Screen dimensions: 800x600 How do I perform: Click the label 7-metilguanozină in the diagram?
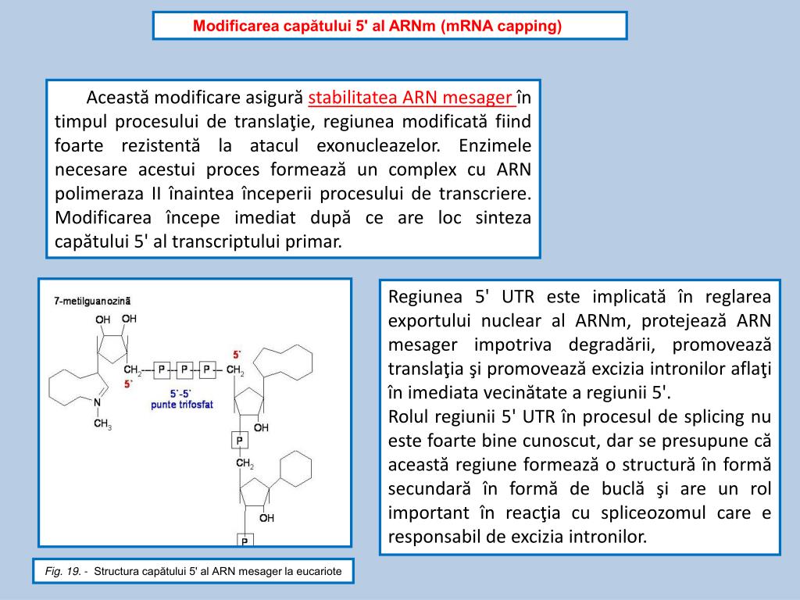click(x=93, y=300)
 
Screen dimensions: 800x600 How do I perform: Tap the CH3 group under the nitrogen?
click(x=102, y=424)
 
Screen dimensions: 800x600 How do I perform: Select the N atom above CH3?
click(x=97, y=402)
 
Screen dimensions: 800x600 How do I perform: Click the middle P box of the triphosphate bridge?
click(x=184, y=368)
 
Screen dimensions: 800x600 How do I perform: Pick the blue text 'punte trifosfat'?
click(x=182, y=405)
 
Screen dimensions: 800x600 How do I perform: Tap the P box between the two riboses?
click(x=239, y=441)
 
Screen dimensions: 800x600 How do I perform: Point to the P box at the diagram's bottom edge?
click(x=245, y=540)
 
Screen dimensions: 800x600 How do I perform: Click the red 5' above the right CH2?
click(x=237, y=354)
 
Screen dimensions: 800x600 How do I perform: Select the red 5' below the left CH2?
click(x=129, y=384)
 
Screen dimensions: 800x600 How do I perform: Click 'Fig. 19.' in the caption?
click(x=62, y=572)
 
